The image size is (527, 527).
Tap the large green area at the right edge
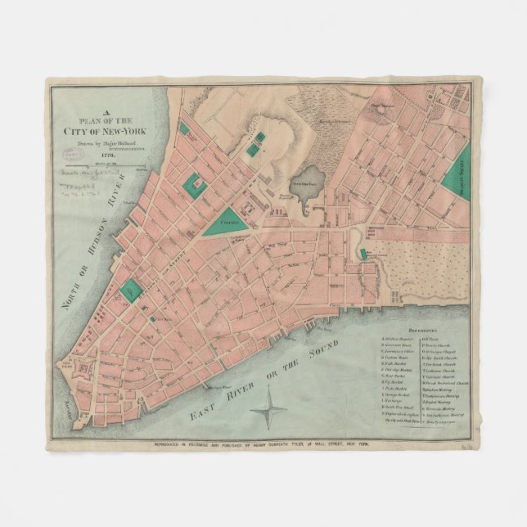pos(458,169)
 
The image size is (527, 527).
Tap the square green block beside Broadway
pos(195,184)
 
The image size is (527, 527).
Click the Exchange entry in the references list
pos(396,403)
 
